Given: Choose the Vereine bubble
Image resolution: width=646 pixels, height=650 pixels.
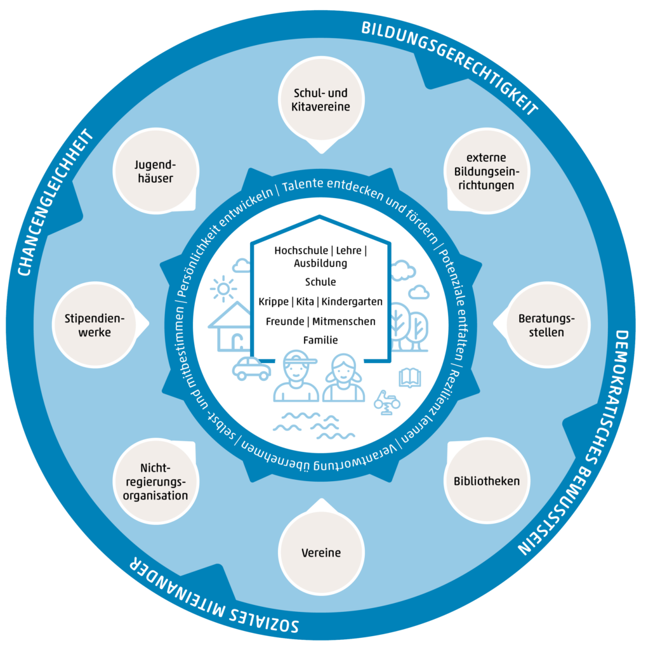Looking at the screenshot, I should (320, 553).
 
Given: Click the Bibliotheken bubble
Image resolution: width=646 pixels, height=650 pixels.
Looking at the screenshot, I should (486, 481).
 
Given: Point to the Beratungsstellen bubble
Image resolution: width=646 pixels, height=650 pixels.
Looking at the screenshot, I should (544, 324).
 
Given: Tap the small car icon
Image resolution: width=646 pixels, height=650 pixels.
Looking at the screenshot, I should (251, 368).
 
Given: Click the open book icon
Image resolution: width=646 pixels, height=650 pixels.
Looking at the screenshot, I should (409, 379).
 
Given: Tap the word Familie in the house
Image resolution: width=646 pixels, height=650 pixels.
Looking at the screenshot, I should (320, 340).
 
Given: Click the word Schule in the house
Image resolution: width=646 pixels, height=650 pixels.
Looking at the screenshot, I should (320, 282).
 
